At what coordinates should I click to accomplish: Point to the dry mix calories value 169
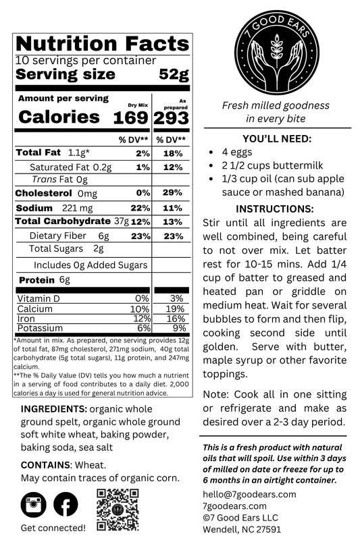pyautogui.click(x=129, y=117)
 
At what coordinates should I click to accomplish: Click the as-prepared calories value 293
pyautogui.click(x=172, y=117)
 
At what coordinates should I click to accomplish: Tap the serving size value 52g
pyautogui.click(x=174, y=74)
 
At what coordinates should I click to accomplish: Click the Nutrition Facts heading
pyautogui.click(x=102, y=45)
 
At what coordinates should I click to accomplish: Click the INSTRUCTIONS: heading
pyautogui.click(x=275, y=209)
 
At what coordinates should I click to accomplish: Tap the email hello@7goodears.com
pyautogui.click(x=249, y=494)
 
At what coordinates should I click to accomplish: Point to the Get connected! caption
pyautogui.click(x=53, y=527)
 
